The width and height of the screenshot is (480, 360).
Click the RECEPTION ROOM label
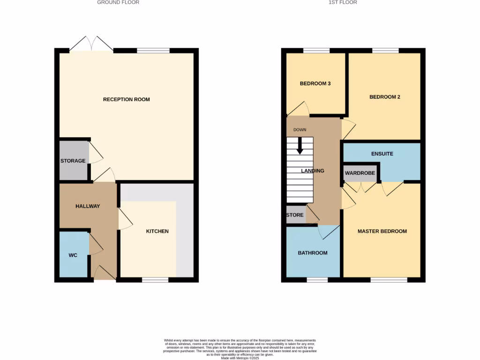(127, 99)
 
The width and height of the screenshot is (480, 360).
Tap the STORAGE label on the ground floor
(73, 161)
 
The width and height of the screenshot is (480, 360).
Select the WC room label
(73, 255)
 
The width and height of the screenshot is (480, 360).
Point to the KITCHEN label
(157, 231)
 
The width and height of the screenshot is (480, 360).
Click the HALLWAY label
(88, 206)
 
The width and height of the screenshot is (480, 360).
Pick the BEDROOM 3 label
(315, 84)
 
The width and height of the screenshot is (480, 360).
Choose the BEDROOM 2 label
(385, 97)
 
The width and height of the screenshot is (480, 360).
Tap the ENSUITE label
(382, 154)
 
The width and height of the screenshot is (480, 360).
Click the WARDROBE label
(360, 173)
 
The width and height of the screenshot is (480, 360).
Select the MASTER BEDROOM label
(382, 231)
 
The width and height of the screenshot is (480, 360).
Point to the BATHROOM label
(313, 253)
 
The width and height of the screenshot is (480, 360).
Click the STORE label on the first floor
(295, 215)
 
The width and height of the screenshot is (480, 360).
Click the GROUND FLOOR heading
(118, 2)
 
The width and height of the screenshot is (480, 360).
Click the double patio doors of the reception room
(91, 44)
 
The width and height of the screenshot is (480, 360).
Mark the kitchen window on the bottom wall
(155, 280)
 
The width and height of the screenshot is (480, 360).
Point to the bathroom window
(317, 280)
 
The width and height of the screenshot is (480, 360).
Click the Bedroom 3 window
(316, 51)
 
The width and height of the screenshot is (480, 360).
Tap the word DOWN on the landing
(300, 130)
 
